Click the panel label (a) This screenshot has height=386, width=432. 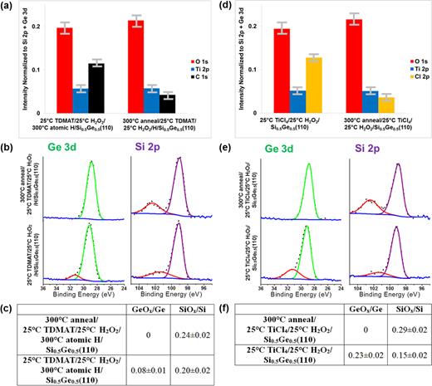coord(8,7)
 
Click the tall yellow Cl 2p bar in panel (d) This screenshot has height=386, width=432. coord(313,84)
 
